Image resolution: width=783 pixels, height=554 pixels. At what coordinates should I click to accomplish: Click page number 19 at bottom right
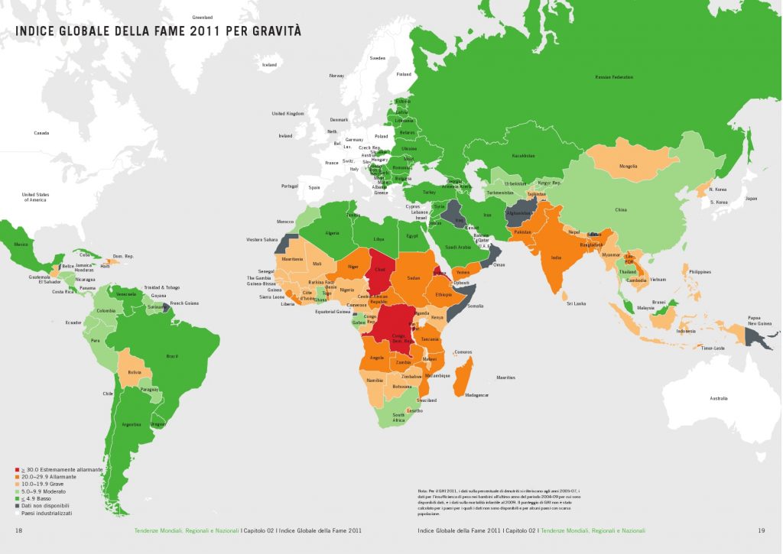click(x=761, y=530)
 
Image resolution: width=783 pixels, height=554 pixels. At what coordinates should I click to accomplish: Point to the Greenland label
click(x=202, y=16)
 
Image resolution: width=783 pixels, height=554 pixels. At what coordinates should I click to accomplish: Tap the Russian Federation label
click(x=614, y=77)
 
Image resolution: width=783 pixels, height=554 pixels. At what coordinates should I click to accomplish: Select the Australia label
click(x=719, y=399)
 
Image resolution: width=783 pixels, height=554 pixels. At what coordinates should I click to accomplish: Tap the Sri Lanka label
click(x=576, y=303)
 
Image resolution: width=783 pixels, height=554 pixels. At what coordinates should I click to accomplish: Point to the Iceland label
click(x=269, y=65)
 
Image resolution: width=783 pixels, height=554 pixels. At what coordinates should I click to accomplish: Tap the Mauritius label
click(x=506, y=377)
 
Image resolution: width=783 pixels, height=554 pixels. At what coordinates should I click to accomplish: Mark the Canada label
click(x=41, y=133)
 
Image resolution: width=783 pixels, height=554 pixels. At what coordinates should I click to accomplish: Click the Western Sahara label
click(x=261, y=240)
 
